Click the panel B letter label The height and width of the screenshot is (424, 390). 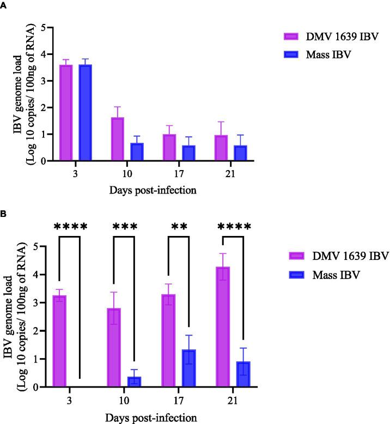[4, 215]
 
